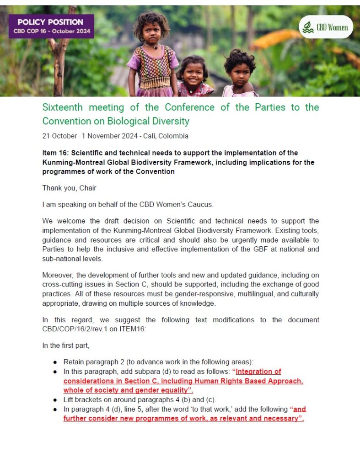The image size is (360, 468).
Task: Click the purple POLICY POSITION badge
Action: (x=50, y=27)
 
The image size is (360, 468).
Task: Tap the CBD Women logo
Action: (x=326, y=27)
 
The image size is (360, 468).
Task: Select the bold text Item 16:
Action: (x=58, y=153)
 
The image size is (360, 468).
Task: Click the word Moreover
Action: (x=58, y=275)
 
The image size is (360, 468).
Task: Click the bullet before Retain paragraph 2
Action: (x=55, y=362)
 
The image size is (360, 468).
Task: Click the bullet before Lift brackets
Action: (x=55, y=400)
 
